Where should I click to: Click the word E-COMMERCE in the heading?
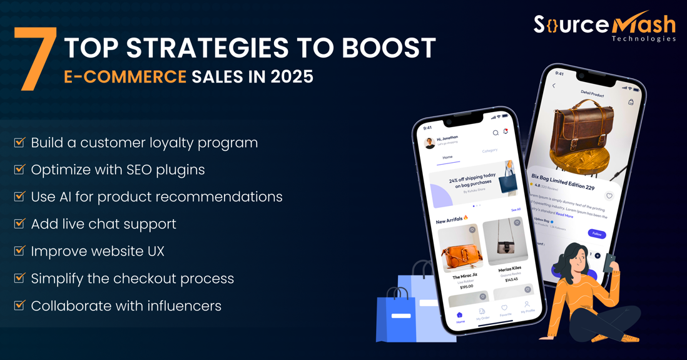pyautogui.click(x=125, y=77)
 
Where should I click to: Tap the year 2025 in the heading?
pyautogui.click(x=292, y=77)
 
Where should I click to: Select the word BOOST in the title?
pyautogui.click(x=388, y=49)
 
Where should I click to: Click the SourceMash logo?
pyautogui.click(x=604, y=26)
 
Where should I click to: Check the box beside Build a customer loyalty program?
pyautogui.click(x=19, y=143)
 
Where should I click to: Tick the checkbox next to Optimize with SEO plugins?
pyautogui.click(x=19, y=170)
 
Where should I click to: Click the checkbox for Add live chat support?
pyautogui.click(x=19, y=224)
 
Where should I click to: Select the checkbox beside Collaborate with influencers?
pyautogui.click(x=19, y=306)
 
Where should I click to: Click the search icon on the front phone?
pyautogui.click(x=495, y=133)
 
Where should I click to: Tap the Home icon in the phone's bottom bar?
pyautogui.click(x=460, y=316)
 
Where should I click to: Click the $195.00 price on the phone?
pyautogui.click(x=466, y=287)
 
